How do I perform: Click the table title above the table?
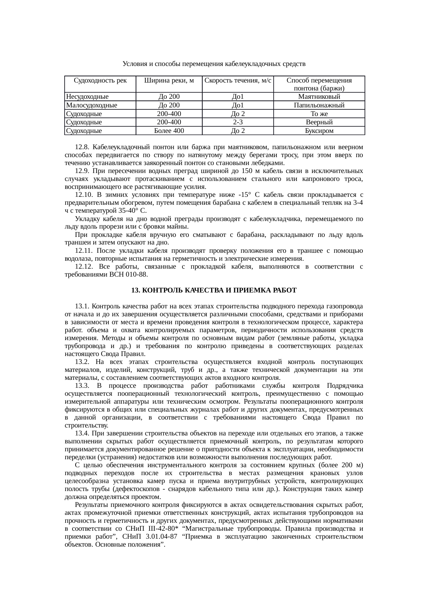coord(214,64)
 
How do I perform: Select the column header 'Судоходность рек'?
coord(100,81)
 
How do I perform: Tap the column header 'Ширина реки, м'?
coord(169,81)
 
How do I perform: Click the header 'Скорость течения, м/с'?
coord(237,81)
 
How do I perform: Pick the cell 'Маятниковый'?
coord(319,97)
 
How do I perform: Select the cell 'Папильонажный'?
coord(319,105)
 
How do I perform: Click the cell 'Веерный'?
coord(319,122)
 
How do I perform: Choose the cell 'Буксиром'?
coord(319,131)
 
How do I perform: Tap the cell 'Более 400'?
coord(169,131)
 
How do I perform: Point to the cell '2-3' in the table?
coord(237,122)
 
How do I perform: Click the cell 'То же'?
coord(319,114)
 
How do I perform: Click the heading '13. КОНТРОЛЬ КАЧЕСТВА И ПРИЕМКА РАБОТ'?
coord(214,290)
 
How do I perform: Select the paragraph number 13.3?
coord(82,386)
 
